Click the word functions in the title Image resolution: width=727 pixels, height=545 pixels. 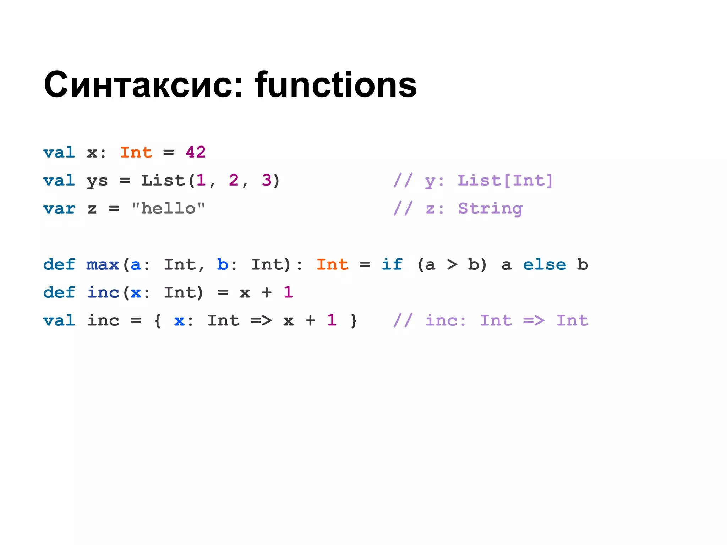tap(335, 85)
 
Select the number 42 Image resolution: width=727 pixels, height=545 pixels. tap(196, 153)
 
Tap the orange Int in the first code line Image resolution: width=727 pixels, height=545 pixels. tap(136, 153)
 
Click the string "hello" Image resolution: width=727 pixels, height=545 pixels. tap(168, 208)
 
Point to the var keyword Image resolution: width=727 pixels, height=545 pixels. tap(59, 208)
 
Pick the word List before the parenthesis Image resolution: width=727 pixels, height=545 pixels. tap(163, 180)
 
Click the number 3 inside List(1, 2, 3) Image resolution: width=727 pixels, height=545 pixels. tap(267, 180)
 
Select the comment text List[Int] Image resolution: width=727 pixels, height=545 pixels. tap(505, 180)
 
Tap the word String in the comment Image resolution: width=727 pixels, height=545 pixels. tap(490, 208)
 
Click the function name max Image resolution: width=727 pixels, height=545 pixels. tap(103, 264)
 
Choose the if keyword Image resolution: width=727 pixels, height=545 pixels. tap(392, 264)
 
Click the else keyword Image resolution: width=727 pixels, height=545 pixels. tap(545, 264)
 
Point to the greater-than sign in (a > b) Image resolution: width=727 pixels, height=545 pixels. tap(452, 265)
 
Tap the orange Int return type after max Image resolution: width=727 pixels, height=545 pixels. tap(332, 264)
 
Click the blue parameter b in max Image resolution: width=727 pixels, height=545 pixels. tap(223, 264)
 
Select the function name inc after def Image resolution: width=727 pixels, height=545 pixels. tap(103, 292)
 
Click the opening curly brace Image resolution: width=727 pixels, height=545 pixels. tap(158, 321)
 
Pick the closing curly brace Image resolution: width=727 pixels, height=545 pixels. tap(354, 321)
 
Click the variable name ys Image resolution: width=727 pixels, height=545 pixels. tap(97, 181)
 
